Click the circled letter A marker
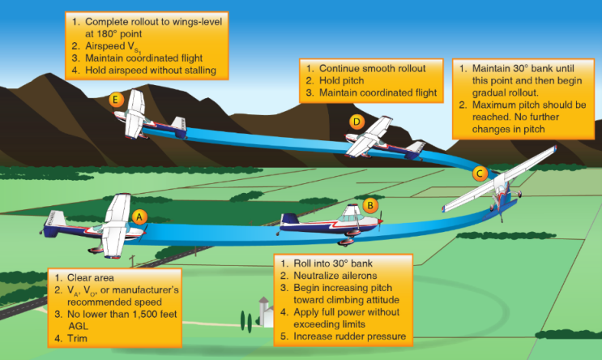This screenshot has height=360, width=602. click(139, 216)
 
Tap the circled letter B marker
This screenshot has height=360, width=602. click(369, 205)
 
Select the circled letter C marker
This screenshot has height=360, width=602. click(480, 174)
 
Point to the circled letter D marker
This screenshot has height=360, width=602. click(356, 122)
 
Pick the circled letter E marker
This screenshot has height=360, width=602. click(117, 100)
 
